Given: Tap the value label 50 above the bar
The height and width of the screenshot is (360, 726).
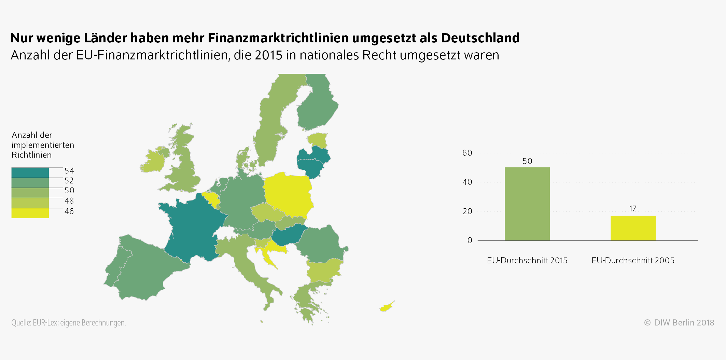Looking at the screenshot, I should click(527, 161).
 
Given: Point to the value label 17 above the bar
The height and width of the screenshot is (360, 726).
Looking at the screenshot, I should click(633, 209).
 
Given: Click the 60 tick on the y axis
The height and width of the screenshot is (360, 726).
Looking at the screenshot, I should click(467, 153).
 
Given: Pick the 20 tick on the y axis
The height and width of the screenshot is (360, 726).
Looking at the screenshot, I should click(467, 211).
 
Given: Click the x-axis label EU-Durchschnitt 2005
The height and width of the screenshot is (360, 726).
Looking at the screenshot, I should click(633, 261).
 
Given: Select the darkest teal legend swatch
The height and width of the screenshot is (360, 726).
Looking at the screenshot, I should click(30, 173).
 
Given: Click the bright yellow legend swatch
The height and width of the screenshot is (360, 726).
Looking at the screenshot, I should click(30, 213).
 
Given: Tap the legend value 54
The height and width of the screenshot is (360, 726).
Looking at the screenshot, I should click(69, 171).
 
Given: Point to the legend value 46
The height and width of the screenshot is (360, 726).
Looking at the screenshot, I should click(69, 211).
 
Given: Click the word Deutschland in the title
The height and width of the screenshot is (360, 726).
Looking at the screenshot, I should click(480, 38).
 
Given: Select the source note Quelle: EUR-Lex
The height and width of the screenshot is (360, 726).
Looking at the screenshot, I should click(68, 323).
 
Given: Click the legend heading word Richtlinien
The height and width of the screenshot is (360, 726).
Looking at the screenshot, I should click(31, 155).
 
